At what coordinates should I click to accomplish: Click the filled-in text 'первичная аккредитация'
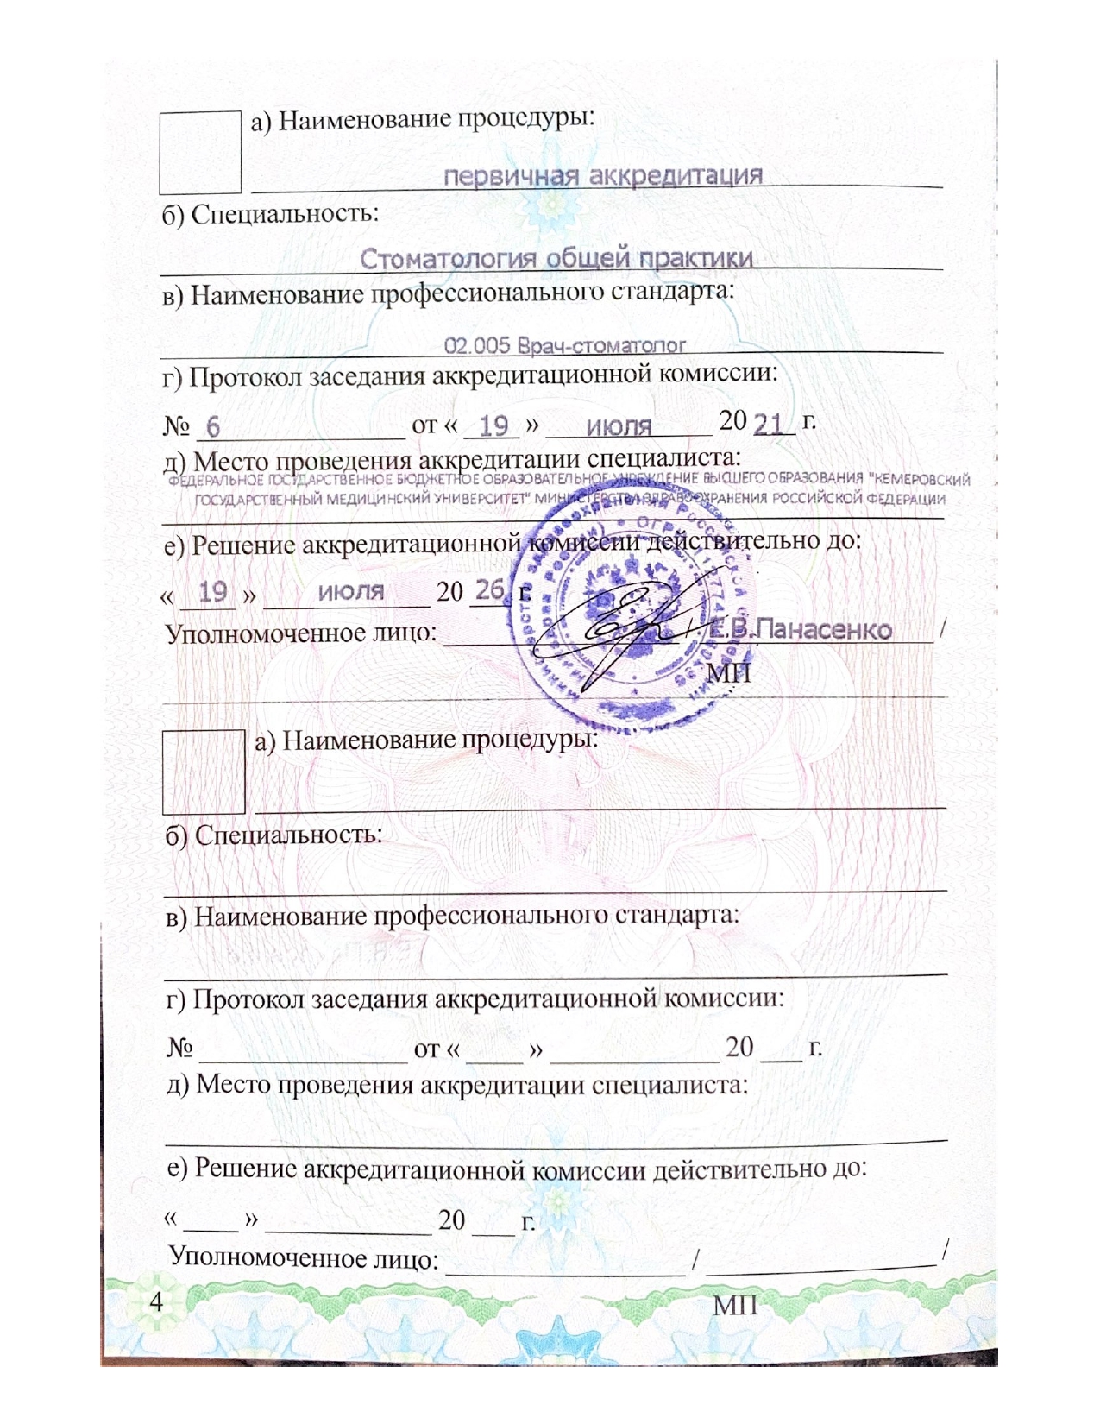[x=602, y=176]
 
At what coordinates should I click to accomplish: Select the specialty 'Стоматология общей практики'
[x=556, y=258]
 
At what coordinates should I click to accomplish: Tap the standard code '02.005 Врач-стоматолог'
[x=564, y=346]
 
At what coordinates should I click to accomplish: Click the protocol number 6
[x=213, y=427]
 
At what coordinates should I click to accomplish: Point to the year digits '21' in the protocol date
[x=769, y=424]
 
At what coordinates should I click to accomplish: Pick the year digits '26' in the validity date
[x=489, y=590]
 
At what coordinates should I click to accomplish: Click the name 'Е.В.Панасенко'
[x=799, y=630]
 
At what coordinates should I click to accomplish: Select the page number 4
[x=156, y=1301]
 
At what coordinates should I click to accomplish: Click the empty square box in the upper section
[x=200, y=152]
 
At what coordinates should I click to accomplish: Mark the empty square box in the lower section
[x=204, y=772]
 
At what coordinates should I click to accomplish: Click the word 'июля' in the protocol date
[x=619, y=426]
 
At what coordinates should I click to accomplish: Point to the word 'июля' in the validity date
[x=350, y=592]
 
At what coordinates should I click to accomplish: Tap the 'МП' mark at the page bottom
[x=735, y=1306]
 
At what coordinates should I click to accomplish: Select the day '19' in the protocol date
[x=493, y=425]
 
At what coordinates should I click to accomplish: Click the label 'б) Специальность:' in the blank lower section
[x=273, y=835]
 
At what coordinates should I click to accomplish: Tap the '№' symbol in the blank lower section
[x=179, y=1048]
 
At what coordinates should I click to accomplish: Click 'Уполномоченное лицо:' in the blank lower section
[x=303, y=1257]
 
